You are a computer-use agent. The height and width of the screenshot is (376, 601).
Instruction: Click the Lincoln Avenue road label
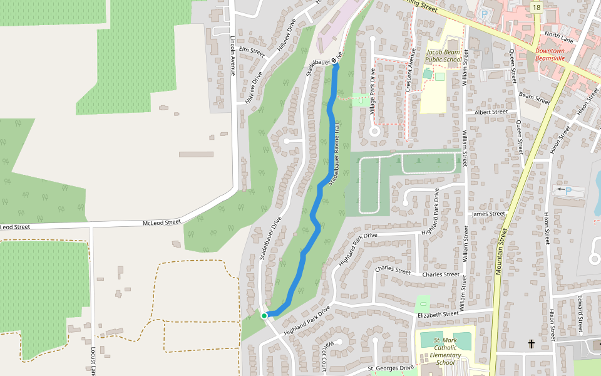coord(232,55)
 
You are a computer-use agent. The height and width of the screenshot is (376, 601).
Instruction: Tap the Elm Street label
coord(252,52)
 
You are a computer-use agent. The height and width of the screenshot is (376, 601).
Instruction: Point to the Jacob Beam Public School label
coord(444,56)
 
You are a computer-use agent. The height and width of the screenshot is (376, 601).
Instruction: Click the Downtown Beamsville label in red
coord(550,55)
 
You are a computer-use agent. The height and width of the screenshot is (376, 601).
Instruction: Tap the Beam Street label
coord(534,97)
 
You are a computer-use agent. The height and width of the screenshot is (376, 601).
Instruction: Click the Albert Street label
coord(491,112)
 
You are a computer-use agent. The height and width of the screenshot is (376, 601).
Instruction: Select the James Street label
coord(488,214)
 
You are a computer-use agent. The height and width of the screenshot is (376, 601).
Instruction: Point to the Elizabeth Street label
coord(438,314)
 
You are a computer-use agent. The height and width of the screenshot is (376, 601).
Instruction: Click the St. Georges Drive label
coord(391,368)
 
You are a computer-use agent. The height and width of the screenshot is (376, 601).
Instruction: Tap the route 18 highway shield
coord(537,7)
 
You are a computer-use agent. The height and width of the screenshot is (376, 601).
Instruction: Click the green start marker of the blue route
coord(264,316)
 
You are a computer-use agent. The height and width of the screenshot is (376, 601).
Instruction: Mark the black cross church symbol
coord(532,343)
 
